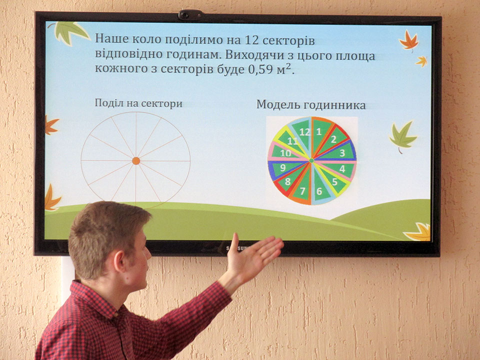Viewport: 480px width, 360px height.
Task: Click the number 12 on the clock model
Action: coord(304,132)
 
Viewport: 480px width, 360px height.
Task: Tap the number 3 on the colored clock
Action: coord(342,153)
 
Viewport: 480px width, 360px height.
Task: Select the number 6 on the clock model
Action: coord(319,191)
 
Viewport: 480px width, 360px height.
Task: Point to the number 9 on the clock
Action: coord(283,168)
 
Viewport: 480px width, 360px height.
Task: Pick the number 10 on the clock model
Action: coord(285,153)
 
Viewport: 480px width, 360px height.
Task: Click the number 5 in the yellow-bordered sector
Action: coord(335,182)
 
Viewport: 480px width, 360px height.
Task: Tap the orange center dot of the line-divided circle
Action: coord(136,160)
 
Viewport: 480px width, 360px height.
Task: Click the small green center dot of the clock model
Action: coord(311,160)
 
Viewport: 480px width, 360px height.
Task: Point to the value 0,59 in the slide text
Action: coord(260,69)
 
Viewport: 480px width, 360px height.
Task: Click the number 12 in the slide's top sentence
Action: coord(252,40)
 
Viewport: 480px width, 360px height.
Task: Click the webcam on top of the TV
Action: coord(190,14)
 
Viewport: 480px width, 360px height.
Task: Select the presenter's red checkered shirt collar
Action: coord(98,298)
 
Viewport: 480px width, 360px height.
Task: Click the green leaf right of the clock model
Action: coord(402,137)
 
